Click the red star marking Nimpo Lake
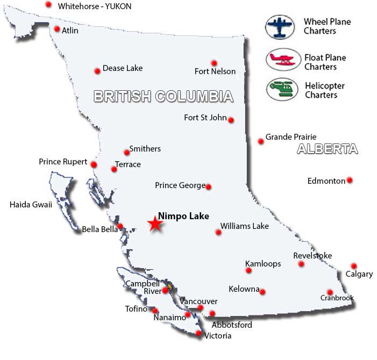coord(155,224)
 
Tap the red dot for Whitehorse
coord(48,5)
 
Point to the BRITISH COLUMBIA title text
coord(163,97)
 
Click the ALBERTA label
coord(328,149)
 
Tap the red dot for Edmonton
coord(350,180)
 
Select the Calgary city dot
coord(353,266)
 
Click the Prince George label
coord(180,185)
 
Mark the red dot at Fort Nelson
coord(214,63)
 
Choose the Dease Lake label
coord(123,68)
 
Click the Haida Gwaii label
coord(31,204)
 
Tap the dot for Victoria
coord(199,334)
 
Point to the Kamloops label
coord(263,264)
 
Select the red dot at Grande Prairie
coord(261,141)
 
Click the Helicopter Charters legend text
coord(325,90)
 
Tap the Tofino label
coord(136,309)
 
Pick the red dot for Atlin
coord(57,29)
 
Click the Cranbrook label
coord(337,298)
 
